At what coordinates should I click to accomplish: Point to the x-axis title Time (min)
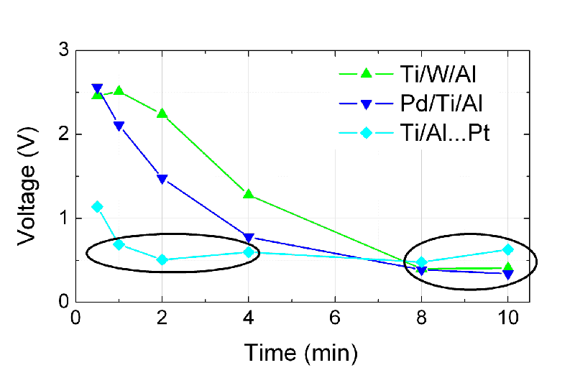300,352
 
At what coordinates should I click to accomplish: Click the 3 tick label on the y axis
63,51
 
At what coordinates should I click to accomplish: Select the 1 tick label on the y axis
63,218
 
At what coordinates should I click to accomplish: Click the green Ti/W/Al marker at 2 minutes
162,114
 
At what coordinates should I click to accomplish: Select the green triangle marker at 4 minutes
249,194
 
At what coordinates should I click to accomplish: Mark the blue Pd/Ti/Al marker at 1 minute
119,126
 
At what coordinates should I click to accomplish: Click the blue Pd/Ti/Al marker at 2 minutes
162,179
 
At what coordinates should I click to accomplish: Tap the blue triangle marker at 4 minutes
249,238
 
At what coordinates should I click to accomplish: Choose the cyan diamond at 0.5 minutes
98,207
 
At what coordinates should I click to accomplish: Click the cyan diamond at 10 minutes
508,249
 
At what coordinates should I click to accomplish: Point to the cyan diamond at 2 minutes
162,259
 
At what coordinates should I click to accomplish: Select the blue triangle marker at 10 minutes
508,274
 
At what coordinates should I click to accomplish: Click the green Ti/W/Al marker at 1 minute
119,91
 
